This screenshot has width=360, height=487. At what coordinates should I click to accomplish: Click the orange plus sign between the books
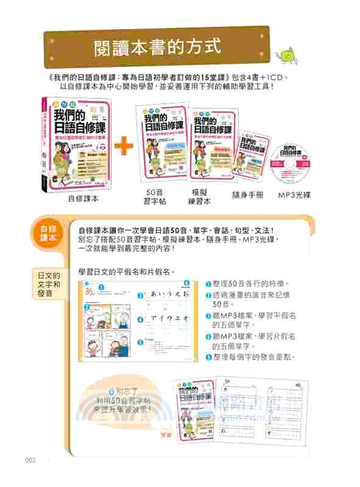coord(124,144)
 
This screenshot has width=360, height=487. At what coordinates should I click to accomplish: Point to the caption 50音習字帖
coord(152,197)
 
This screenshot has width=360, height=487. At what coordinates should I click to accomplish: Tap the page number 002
coord(32,460)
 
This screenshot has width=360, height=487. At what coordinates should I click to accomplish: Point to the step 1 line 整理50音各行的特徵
coord(250,284)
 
